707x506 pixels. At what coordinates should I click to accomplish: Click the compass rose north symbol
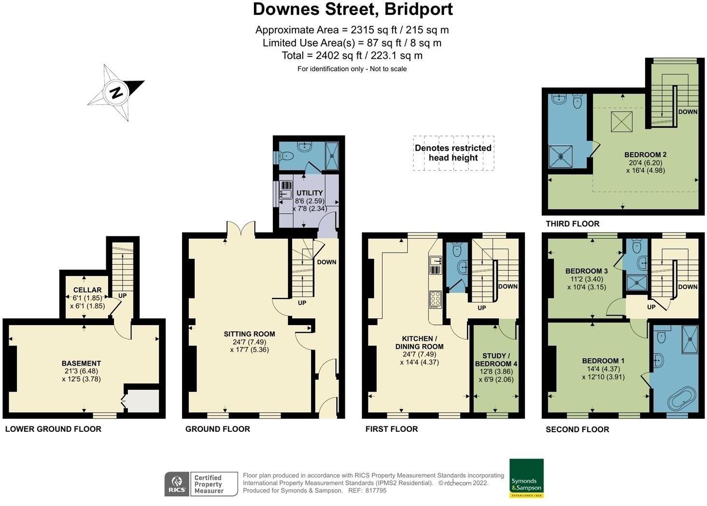116,92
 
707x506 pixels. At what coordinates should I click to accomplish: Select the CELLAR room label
87,290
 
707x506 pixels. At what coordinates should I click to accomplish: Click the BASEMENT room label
81,363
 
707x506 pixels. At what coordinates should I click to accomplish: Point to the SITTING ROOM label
249,334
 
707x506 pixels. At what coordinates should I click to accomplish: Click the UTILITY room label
310,193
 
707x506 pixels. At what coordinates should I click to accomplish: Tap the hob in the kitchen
435,300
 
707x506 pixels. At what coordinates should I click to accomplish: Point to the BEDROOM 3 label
586,271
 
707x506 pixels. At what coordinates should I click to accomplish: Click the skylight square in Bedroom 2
622,122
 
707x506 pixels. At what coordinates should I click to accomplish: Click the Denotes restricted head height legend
453,153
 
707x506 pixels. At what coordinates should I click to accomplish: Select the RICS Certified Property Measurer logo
201,484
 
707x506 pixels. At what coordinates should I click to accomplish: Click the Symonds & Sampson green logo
526,478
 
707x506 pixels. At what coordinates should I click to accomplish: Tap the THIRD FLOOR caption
572,224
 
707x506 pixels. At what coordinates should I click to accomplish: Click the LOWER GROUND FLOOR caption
53,429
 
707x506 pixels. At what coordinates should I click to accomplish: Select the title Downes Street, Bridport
353,9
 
